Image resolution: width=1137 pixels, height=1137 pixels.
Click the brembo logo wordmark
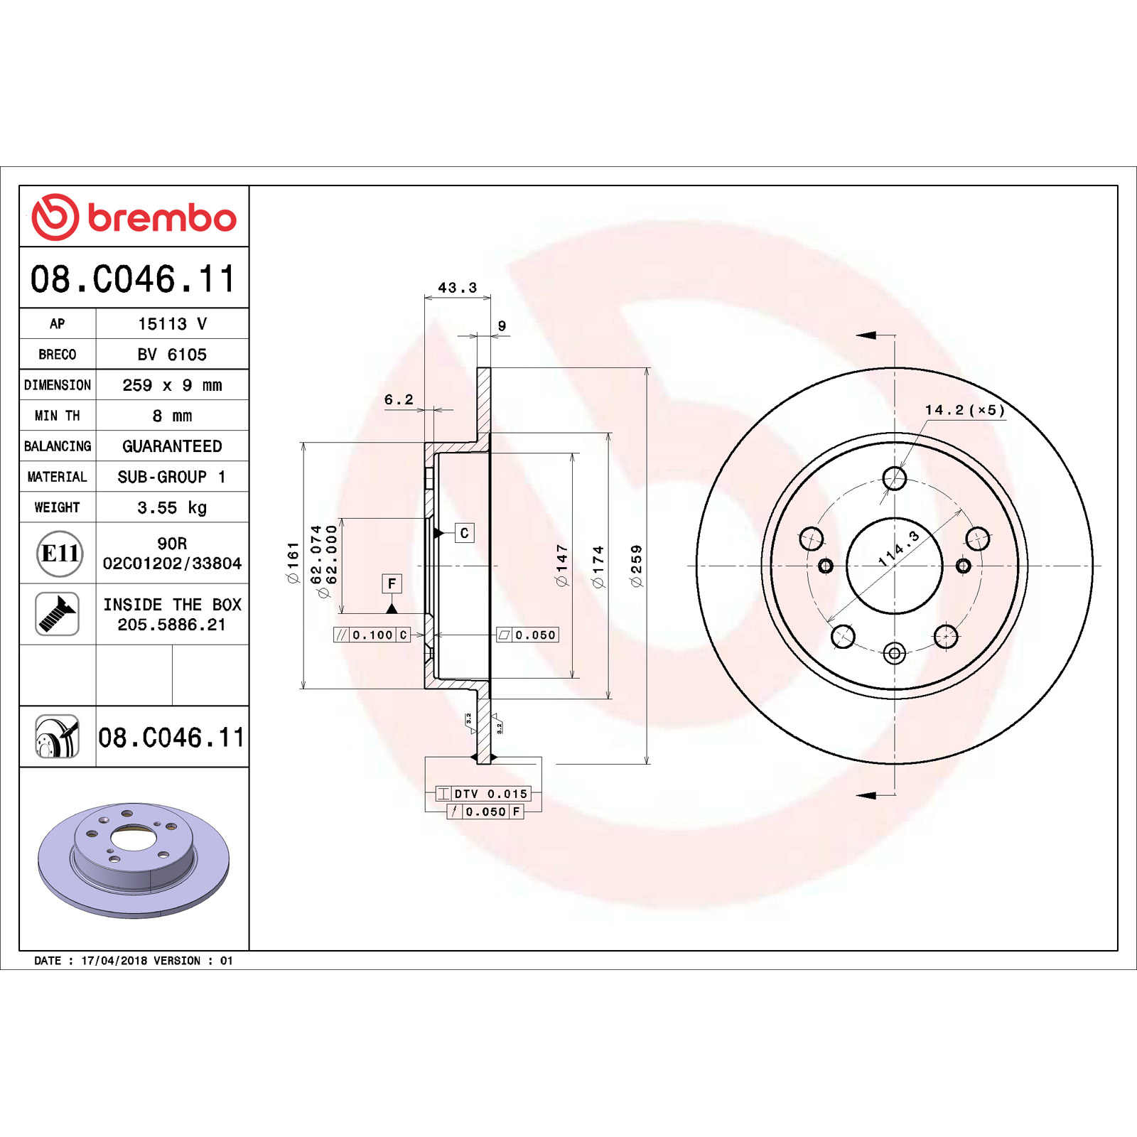tap(162, 217)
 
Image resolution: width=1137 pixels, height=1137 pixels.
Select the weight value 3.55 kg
tap(172, 507)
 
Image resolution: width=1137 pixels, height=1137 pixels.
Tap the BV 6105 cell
tap(172, 354)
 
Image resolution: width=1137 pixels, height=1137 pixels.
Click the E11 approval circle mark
tap(60, 553)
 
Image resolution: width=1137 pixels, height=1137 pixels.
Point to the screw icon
tap(57, 614)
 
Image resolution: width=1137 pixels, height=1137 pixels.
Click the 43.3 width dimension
tap(457, 288)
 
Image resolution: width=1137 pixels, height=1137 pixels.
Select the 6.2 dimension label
tap(399, 399)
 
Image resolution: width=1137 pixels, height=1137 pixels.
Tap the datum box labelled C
tap(464, 533)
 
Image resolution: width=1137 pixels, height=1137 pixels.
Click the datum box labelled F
tap(392, 583)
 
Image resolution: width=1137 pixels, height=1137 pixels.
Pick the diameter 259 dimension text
tap(636, 566)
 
